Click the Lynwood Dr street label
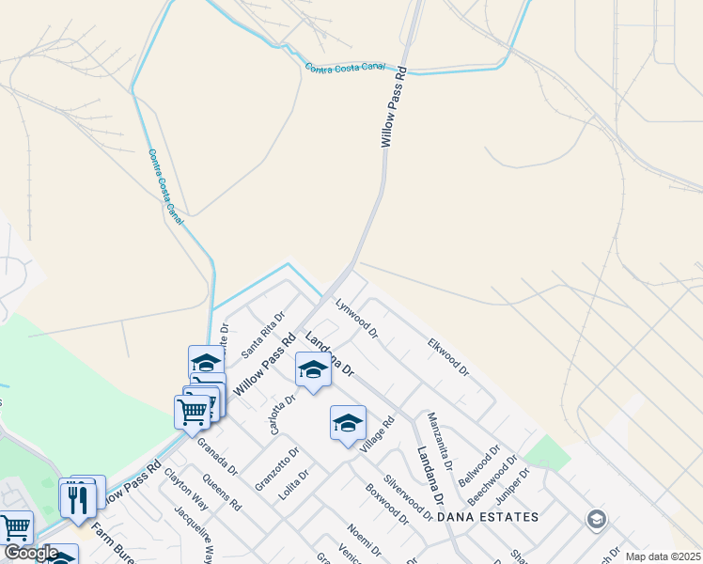tap(357, 318)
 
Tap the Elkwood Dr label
tap(448, 357)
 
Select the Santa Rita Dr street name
tap(262, 336)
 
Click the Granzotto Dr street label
tap(276, 468)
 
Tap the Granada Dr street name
tap(217, 457)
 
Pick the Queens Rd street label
tap(222, 492)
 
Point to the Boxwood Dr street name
tap(386, 504)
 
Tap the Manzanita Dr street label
tap(440, 440)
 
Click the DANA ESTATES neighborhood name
tap(489, 517)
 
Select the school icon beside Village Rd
tap(347, 423)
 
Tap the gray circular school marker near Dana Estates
tap(596, 519)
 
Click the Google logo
tap(31, 553)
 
